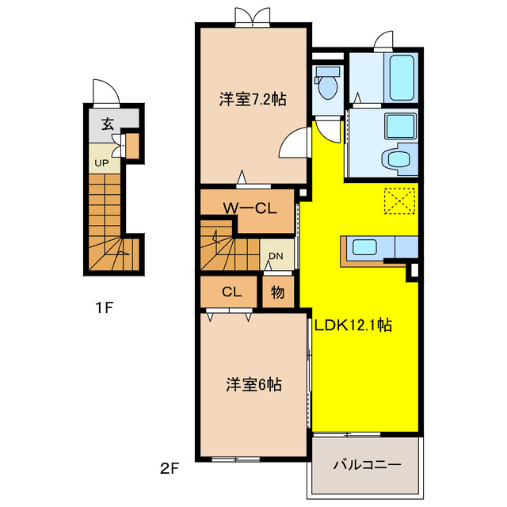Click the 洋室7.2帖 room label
(x=253, y=99)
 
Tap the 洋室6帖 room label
(x=253, y=385)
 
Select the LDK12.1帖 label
(x=353, y=325)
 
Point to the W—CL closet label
(x=250, y=208)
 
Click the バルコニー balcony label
(x=368, y=465)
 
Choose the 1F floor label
(x=104, y=308)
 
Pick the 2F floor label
(x=170, y=468)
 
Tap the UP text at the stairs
(x=101, y=163)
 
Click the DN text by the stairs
(x=276, y=256)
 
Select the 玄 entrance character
(x=108, y=124)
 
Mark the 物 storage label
(x=277, y=292)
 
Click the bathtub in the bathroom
(x=402, y=78)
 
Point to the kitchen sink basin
(x=364, y=247)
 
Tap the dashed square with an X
(x=399, y=200)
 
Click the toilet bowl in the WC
(x=327, y=87)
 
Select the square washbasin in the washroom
(x=401, y=126)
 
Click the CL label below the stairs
(x=231, y=292)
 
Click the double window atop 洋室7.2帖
(x=253, y=16)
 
